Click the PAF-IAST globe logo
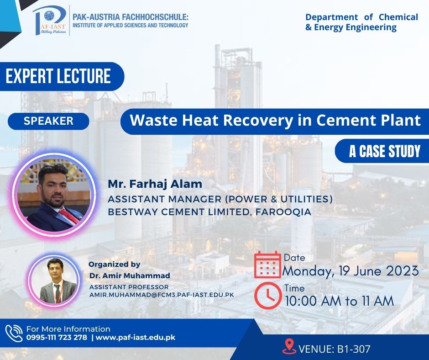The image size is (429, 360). [x=49, y=20]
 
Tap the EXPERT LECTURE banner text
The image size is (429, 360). [x=58, y=76]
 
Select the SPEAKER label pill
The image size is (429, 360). [x=48, y=121]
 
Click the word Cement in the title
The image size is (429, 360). [x=341, y=120]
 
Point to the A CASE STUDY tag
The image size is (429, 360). [x=384, y=151]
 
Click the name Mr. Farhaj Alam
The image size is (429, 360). [x=155, y=184]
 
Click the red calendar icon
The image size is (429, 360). [x=267, y=265]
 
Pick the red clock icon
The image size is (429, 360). [x=267, y=296]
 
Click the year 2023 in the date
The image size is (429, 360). [x=402, y=271]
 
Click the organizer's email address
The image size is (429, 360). [x=162, y=295]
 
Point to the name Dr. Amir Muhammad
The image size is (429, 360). [x=130, y=275]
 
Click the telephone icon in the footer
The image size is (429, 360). [x=14, y=333]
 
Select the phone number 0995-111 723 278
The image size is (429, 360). [x=57, y=338]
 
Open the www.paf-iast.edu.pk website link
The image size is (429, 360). [x=136, y=338]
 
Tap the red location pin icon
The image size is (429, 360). [x=289, y=346]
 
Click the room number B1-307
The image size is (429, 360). [x=354, y=349]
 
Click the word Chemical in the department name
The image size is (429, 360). [x=398, y=17]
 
